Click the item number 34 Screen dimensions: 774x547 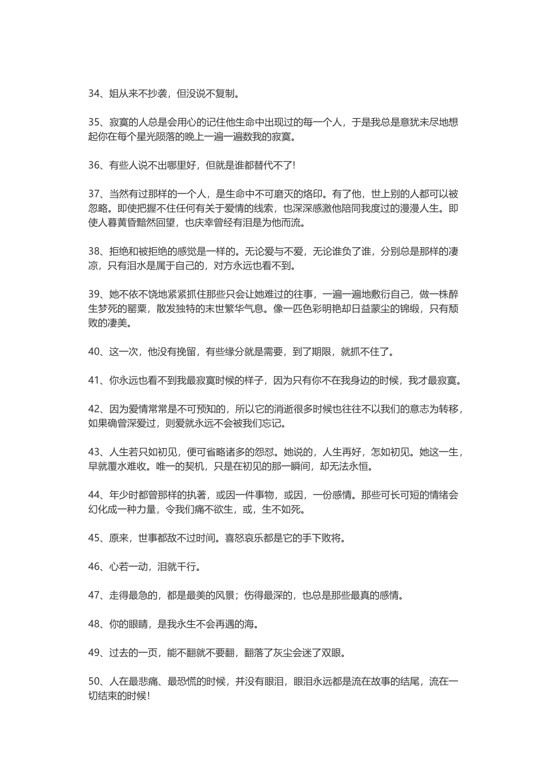point(94,93)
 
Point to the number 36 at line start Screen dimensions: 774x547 point(94,165)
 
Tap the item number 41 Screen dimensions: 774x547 point(94,380)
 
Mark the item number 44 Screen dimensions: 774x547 point(94,495)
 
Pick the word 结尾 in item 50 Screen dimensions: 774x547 point(414,681)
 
